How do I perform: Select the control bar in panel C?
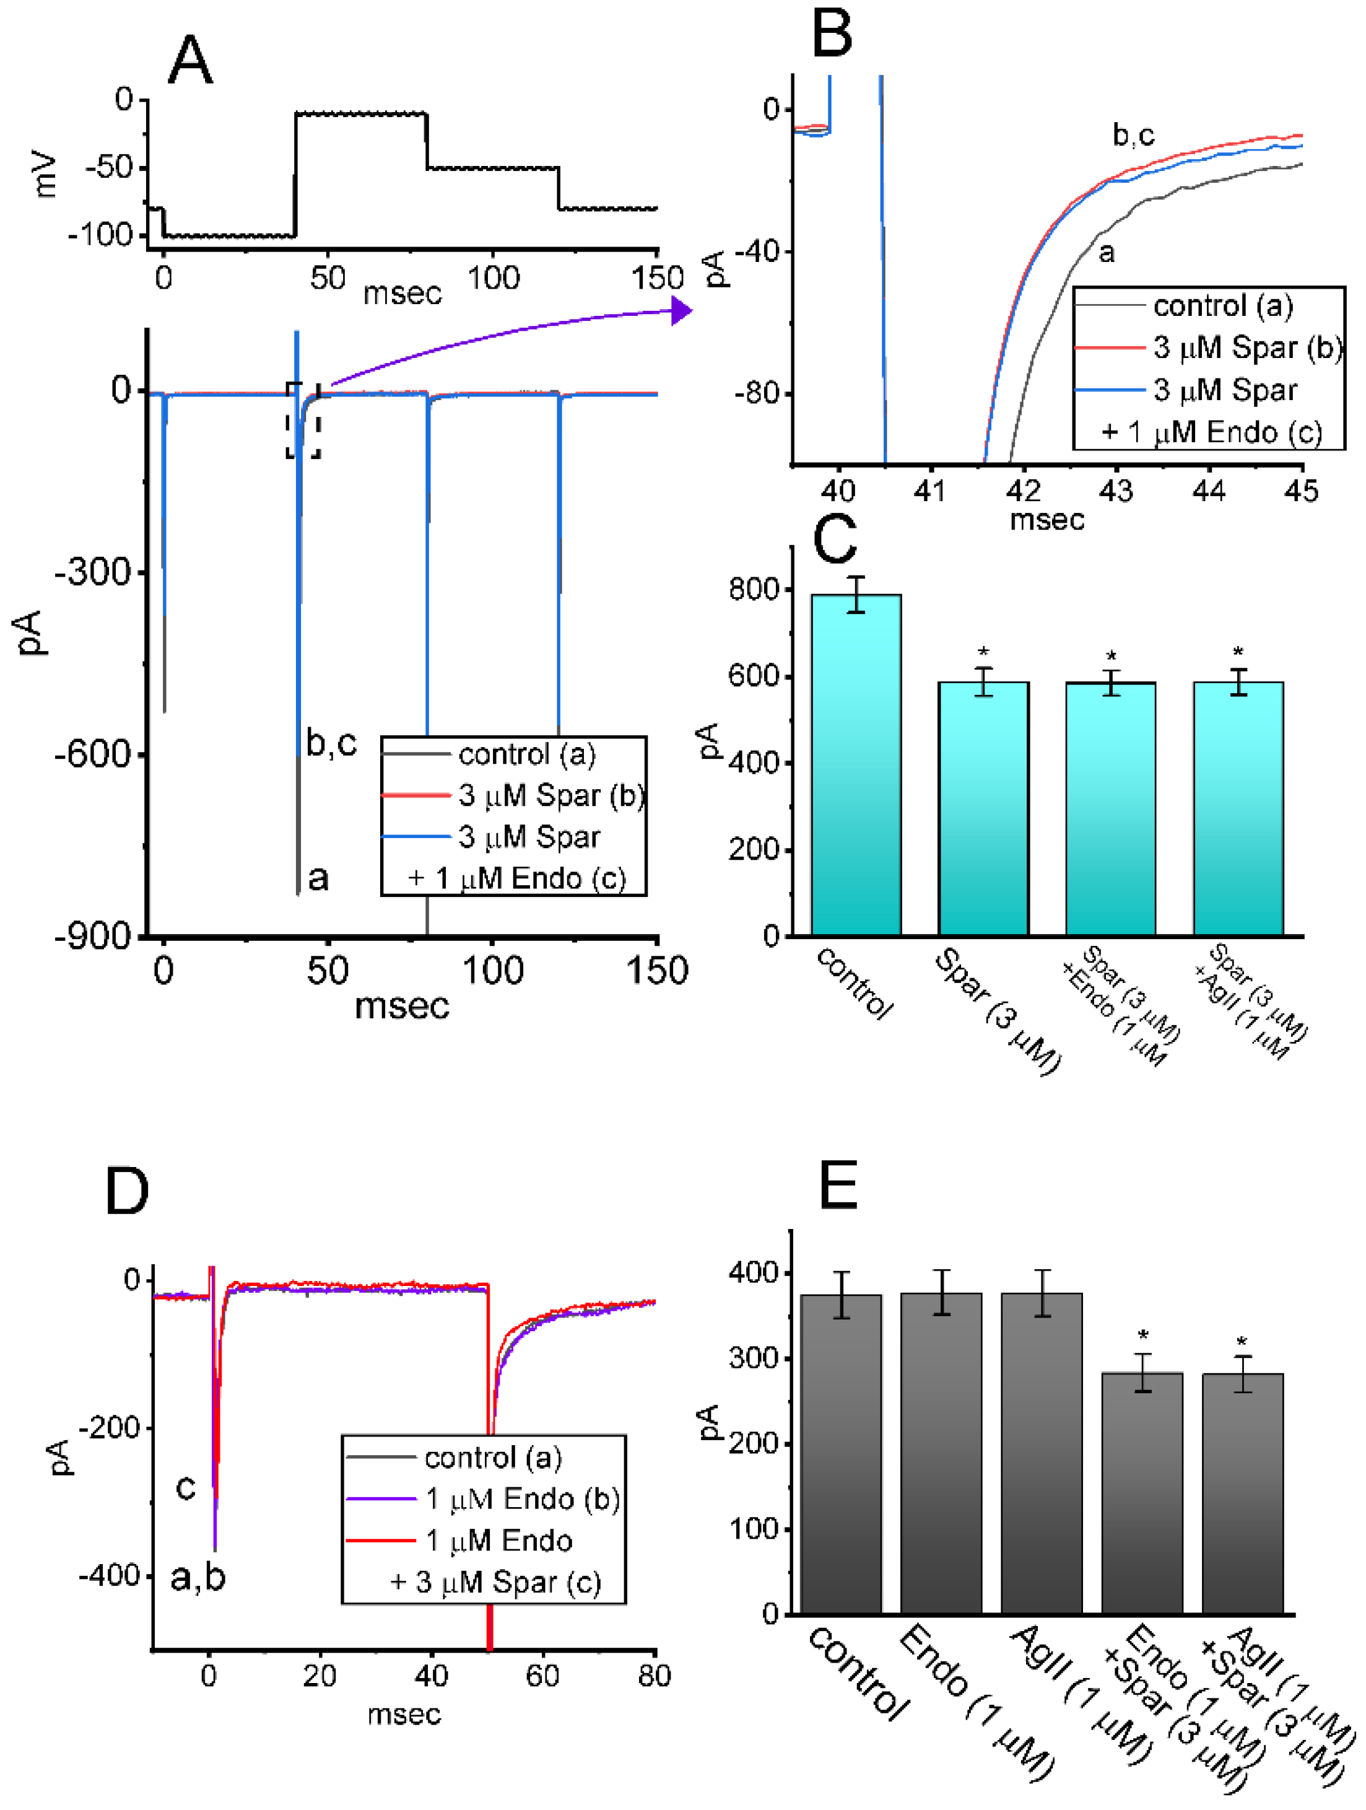(856, 765)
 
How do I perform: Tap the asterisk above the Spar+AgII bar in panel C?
(1238, 653)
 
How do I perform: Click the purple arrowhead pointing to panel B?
(681, 310)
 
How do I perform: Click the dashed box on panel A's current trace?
(303, 420)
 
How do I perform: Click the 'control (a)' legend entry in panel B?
(1222, 306)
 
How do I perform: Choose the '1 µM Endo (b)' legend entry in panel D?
(522, 1498)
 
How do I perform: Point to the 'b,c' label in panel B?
(1133, 135)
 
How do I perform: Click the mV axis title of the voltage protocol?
(46, 173)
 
